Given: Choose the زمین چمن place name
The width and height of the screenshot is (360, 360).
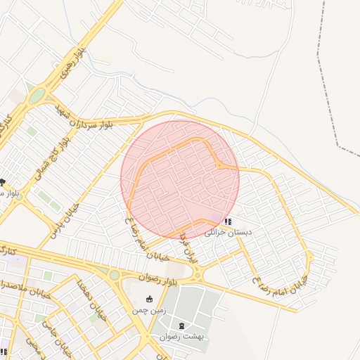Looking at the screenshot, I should coord(148,309).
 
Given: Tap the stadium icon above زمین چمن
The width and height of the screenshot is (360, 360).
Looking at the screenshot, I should coord(148,299).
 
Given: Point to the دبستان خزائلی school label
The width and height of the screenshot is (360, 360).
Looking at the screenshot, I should coord(228,231).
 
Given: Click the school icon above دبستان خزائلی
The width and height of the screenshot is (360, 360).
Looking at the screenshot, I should coord(227,221).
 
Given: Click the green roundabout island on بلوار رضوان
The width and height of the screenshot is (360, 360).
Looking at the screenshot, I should coord(113,274).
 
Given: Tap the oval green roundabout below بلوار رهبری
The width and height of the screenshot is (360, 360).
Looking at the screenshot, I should coord(36,96).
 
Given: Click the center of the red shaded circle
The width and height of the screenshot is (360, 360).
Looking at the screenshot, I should coord(180,179).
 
